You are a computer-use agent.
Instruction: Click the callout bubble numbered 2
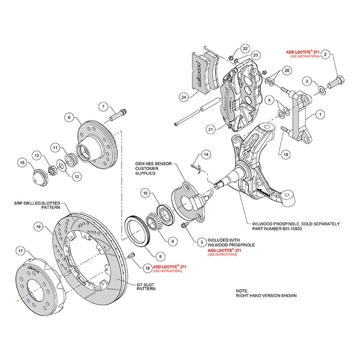(x=326, y=54)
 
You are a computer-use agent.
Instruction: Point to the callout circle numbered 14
(x=205, y=154)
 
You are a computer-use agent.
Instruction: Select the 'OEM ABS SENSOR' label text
(x=153, y=164)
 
